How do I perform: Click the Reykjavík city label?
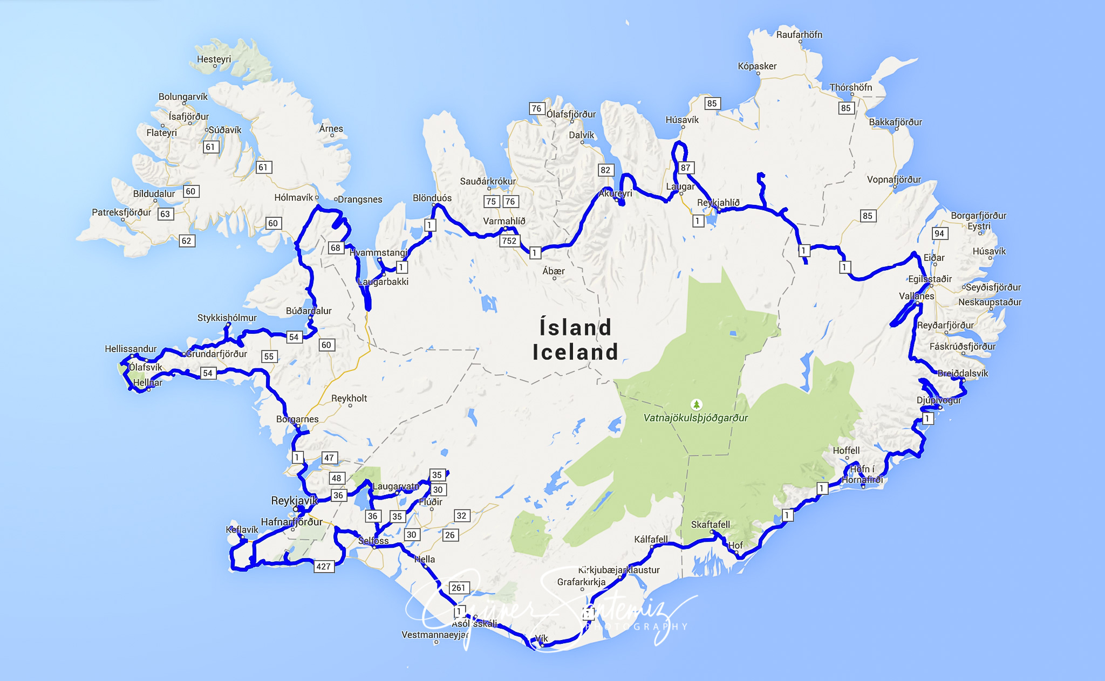point(294,500)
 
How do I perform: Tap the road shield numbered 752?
point(509,240)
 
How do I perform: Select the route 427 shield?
point(323,566)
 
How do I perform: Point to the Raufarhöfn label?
point(799,35)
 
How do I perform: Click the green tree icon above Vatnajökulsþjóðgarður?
point(697,404)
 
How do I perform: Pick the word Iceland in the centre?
point(575,352)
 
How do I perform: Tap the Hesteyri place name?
point(214,59)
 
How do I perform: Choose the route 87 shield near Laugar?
point(685,168)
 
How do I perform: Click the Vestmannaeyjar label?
point(435,635)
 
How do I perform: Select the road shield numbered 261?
point(458,588)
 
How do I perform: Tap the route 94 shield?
point(939,233)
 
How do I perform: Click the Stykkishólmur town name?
point(227,318)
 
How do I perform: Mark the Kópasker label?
point(757,66)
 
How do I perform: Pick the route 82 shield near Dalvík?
point(605,170)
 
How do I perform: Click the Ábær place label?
point(554,271)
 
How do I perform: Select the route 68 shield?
point(336,247)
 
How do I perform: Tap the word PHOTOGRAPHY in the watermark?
point(637,627)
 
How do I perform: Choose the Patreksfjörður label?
point(121,212)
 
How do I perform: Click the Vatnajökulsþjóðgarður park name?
point(695,418)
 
